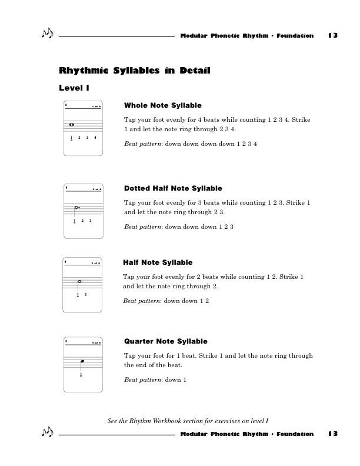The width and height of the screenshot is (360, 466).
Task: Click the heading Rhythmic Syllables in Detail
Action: click(x=135, y=71)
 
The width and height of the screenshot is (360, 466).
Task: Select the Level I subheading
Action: click(x=74, y=88)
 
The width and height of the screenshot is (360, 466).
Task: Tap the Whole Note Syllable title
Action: click(x=163, y=105)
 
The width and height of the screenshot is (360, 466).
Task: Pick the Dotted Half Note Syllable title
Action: click(x=173, y=188)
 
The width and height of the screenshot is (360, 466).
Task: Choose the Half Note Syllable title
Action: click(x=158, y=262)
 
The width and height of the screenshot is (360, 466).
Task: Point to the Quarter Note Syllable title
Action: click(x=165, y=341)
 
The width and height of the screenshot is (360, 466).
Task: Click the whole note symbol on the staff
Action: click(x=71, y=125)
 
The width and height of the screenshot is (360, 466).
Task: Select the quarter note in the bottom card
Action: click(x=83, y=362)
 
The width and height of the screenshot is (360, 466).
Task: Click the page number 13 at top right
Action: click(x=333, y=36)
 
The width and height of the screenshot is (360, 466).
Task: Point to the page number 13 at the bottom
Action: click(x=333, y=434)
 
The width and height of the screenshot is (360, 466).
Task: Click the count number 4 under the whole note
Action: click(x=95, y=138)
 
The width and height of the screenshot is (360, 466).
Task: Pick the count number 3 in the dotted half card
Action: click(x=90, y=221)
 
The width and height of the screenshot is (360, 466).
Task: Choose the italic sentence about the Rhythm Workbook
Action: click(x=188, y=420)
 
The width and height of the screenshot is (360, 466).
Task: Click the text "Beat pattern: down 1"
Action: click(x=155, y=380)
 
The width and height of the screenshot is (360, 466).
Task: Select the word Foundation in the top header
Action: click(x=295, y=36)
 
